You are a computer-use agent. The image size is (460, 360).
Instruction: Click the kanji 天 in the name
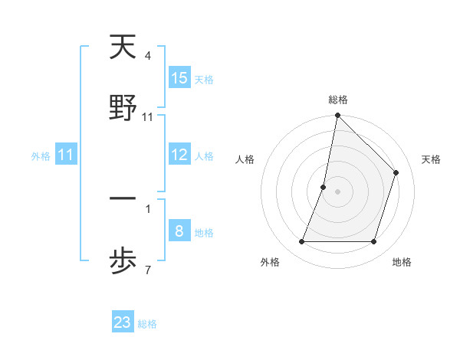click(123, 47)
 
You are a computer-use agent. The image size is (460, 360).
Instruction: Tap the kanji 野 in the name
click(123, 109)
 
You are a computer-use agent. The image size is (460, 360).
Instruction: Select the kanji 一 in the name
click(123, 199)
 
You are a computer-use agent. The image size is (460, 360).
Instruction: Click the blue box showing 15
click(179, 78)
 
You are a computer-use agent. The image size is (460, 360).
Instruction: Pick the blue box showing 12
click(179, 155)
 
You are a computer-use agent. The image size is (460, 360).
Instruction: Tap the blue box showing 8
click(179, 231)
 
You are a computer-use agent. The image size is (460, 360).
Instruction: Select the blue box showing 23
click(123, 322)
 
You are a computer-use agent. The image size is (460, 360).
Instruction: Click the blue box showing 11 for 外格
click(66, 155)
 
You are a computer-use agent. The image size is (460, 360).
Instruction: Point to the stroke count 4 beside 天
click(147, 56)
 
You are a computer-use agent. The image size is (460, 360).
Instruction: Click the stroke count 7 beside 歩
click(147, 270)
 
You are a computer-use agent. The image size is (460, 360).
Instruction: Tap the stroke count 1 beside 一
click(147, 208)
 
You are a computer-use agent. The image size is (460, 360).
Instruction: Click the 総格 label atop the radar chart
click(337, 100)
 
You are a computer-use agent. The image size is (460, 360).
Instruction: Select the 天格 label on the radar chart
click(431, 159)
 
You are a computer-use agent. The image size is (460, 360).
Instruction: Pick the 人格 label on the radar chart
click(245, 159)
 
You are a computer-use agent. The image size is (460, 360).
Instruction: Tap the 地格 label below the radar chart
click(401, 262)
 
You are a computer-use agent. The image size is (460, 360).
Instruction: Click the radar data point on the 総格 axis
click(337, 116)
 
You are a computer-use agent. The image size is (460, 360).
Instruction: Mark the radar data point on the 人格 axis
click(324, 187)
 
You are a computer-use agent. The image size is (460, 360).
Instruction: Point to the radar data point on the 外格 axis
click(302, 242)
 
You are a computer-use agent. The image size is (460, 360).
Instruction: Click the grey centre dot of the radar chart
click(337, 191)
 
